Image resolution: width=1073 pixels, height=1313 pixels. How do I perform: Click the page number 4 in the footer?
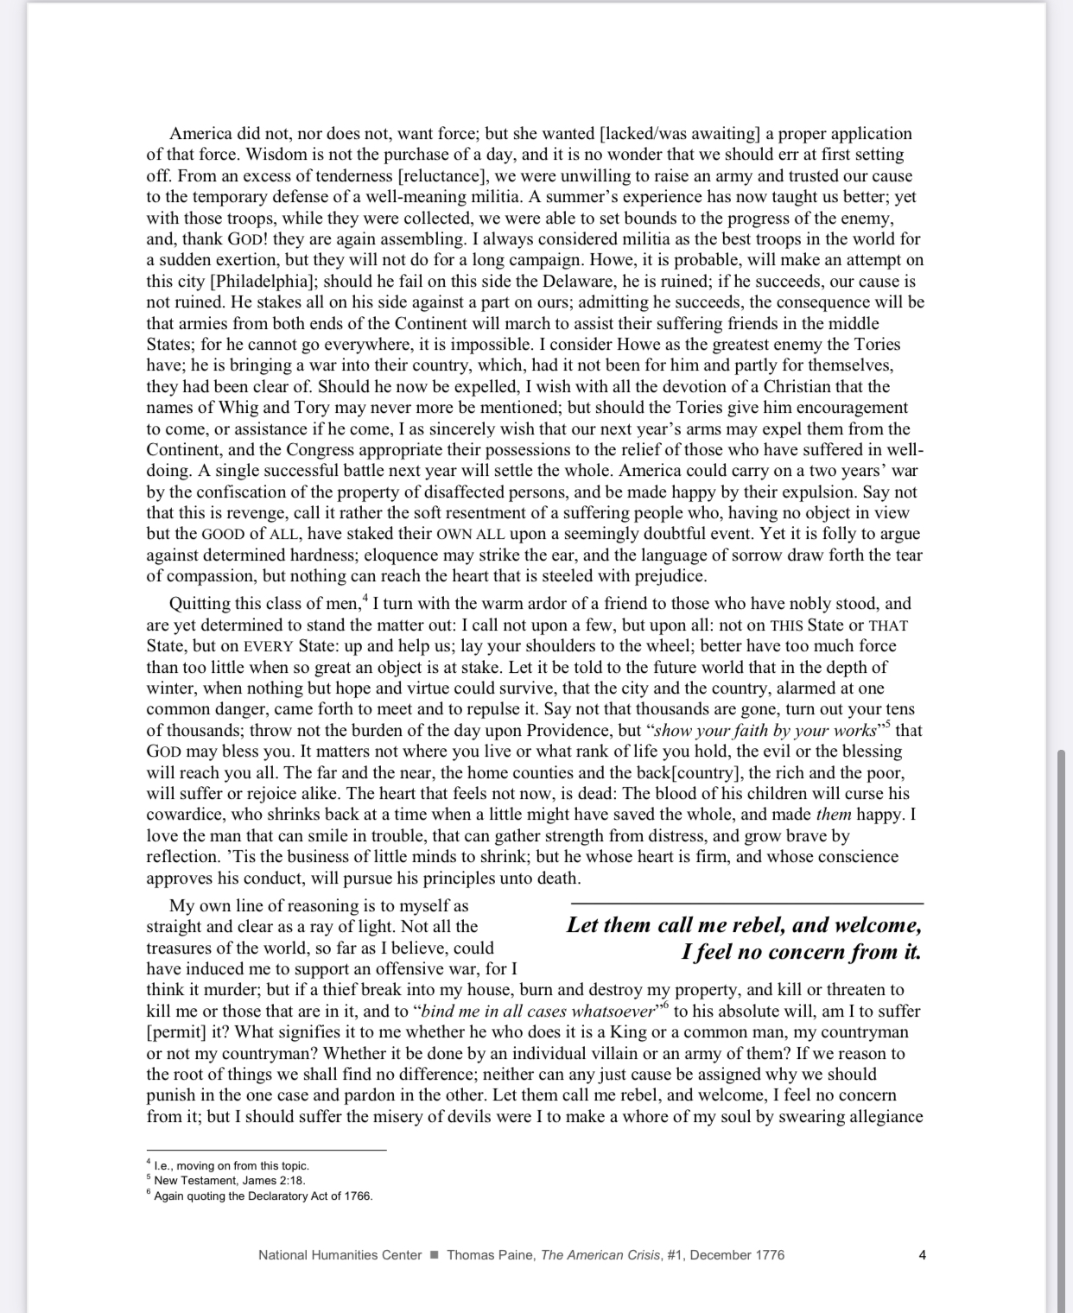tap(922, 1255)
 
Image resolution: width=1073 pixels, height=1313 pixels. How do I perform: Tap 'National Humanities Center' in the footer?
tap(340, 1255)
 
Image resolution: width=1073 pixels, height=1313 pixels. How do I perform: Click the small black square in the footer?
tap(435, 1255)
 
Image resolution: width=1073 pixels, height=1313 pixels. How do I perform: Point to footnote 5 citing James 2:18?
tap(229, 1181)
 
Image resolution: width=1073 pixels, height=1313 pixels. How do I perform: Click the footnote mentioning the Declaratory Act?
tap(263, 1196)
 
